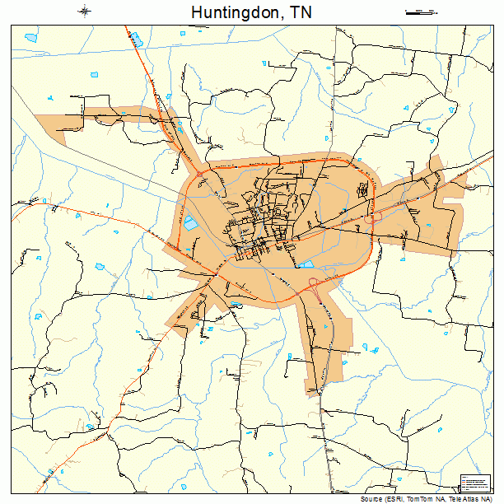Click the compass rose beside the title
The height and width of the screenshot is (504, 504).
[85, 12]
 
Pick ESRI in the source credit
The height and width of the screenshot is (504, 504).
[401, 499]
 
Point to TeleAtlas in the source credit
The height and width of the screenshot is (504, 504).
[466, 499]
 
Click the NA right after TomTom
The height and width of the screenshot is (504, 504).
[445, 499]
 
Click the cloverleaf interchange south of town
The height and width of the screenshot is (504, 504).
[315, 287]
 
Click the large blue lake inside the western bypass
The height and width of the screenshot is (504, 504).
[191, 222]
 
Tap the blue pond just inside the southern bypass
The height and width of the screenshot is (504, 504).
[306, 264]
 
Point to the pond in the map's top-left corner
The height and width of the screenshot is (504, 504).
[32, 38]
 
